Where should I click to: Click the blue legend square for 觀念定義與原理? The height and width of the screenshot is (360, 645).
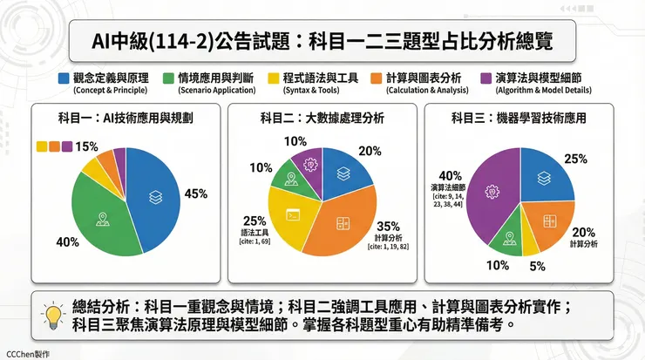click(x=64, y=78)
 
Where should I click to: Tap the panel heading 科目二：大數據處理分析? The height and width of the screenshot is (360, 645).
click(x=322, y=117)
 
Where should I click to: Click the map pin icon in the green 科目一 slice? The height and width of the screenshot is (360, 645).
click(x=103, y=217)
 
